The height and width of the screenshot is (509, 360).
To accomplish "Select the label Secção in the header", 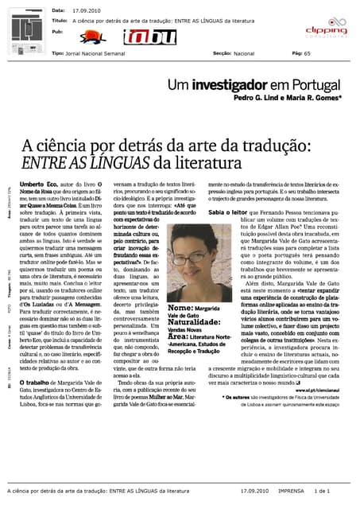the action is [x=222, y=52].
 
